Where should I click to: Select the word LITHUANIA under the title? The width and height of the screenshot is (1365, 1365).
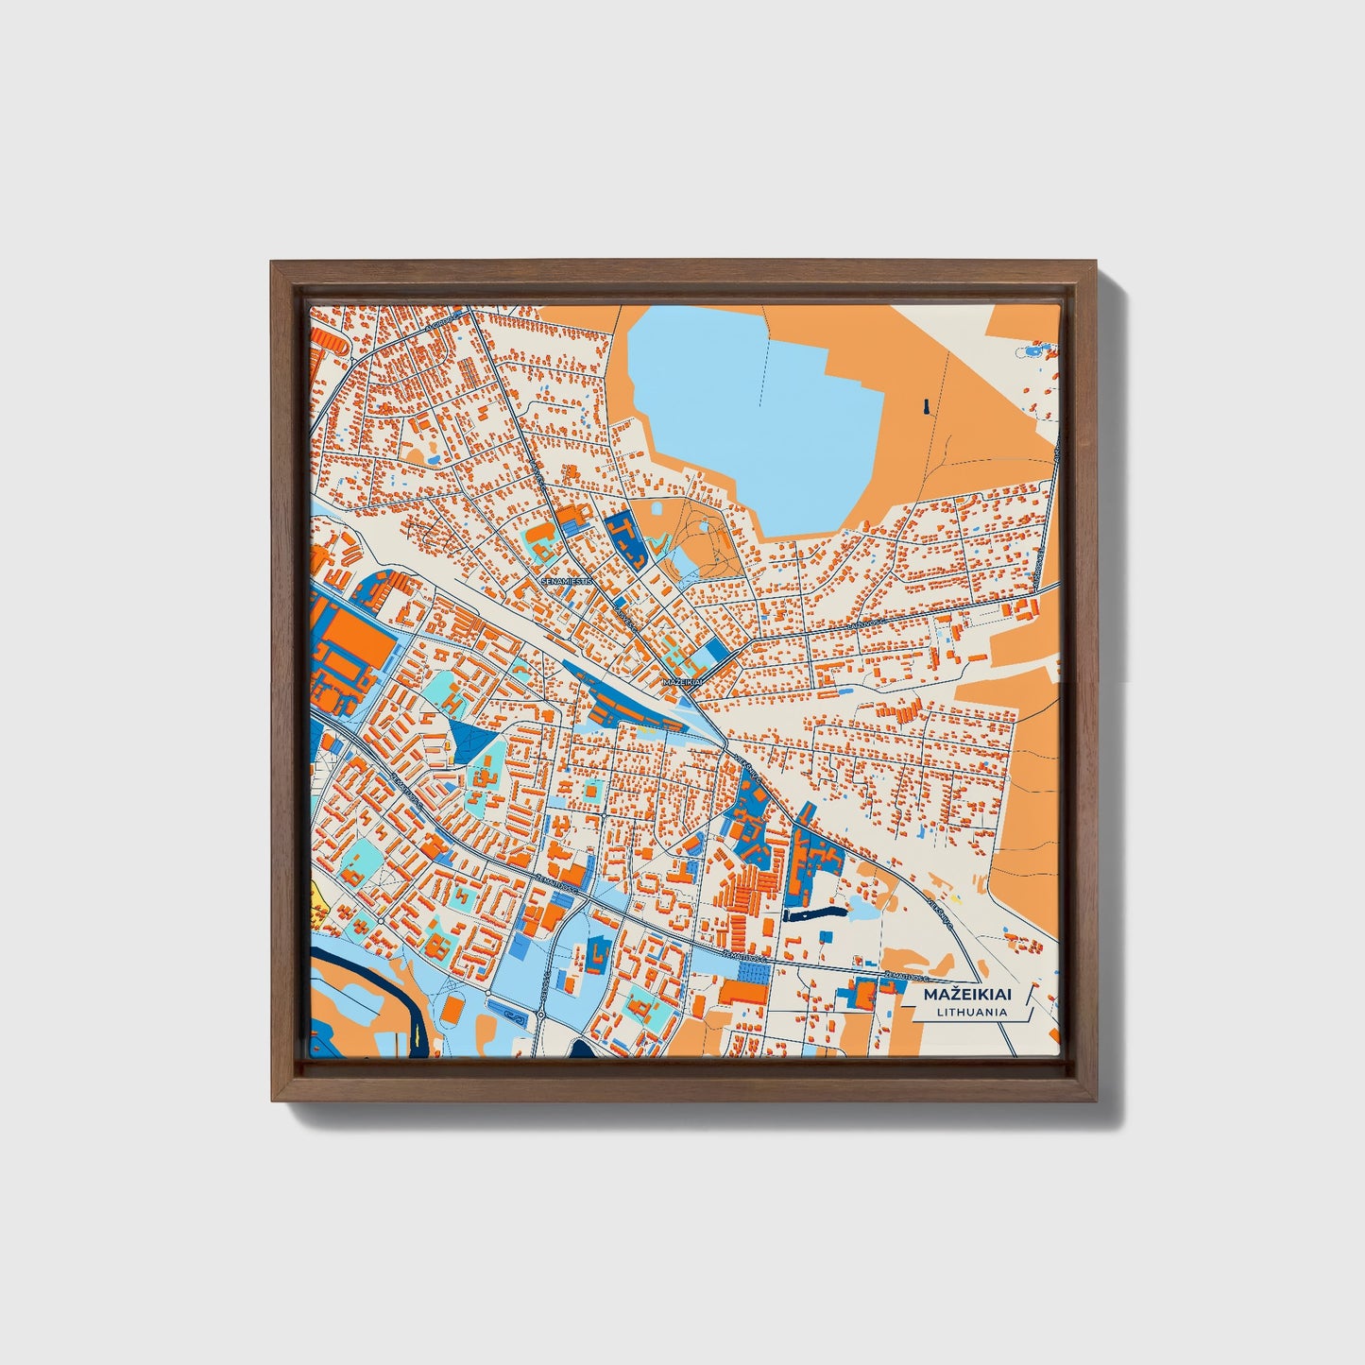coord(972,1012)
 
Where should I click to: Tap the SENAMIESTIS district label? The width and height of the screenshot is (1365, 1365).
coord(566,582)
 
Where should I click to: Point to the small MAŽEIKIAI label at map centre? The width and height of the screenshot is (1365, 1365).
coord(684,680)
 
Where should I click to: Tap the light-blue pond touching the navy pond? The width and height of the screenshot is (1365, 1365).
coord(862,908)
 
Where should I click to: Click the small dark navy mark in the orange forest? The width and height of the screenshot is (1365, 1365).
coord(927,406)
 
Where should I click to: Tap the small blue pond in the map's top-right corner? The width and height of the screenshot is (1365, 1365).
coord(1029,351)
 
